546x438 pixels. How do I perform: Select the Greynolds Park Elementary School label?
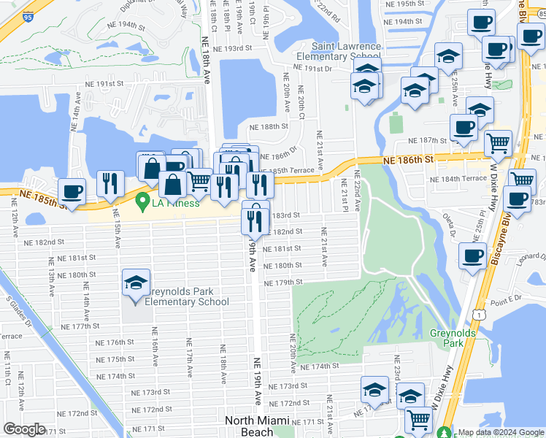pyautogui.click(x=187, y=296)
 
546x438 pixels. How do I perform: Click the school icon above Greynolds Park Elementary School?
pyautogui.click(x=135, y=283)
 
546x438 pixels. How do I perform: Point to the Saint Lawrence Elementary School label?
pyautogui.click(x=337, y=51)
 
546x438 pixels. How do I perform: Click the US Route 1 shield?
pyautogui.click(x=477, y=313)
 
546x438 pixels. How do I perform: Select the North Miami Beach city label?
pyautogui.click(x=256, y=426)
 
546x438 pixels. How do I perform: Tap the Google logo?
pyautogui.click(x=24, y=429)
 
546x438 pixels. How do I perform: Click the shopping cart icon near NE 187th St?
pyautogui.click(x=498, y=143)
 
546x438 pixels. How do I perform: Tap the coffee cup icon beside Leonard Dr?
pyautogui.click(x=472, y=256)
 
